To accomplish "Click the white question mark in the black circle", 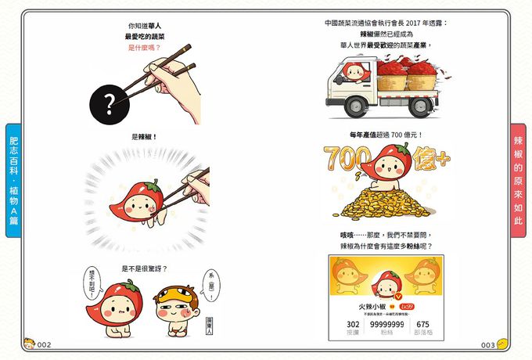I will pos(110,100).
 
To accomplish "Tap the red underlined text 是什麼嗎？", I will pos(143,48).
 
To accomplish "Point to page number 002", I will pos(44,345).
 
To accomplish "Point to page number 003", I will pos(487,345).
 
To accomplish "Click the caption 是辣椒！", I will pos(144,137).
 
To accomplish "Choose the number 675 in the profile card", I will pos(422,324).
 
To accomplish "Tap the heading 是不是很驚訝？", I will pos(144,268).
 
